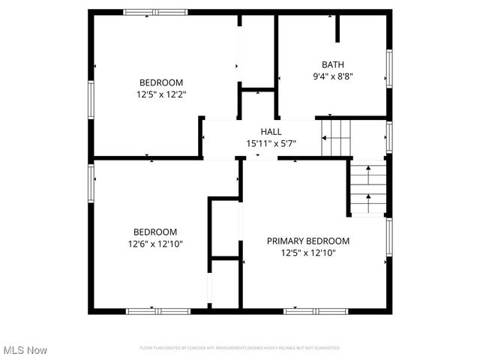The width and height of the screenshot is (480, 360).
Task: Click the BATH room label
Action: (x=331, y=64)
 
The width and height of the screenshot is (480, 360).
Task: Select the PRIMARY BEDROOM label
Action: (x=308, y=241)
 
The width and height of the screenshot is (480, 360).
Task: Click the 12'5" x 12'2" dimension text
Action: (x=161, y=94)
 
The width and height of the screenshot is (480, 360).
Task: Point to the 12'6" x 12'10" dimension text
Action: (x=155, y=244)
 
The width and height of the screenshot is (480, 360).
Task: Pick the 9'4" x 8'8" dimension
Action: (x=331, y=76)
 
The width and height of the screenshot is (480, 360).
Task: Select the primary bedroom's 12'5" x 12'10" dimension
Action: (x=308, y=253)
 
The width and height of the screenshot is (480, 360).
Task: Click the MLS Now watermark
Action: (x=25, y=350)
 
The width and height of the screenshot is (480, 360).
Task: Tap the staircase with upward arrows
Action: (x=369, y=189)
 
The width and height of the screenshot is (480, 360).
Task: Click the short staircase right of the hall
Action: (x=336, y=137)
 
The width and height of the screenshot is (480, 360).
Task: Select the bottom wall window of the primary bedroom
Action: (x=310, y=310)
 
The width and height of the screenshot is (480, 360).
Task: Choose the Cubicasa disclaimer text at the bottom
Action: (x=240, y=348)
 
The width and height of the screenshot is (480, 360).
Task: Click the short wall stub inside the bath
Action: (x=337, y=28)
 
